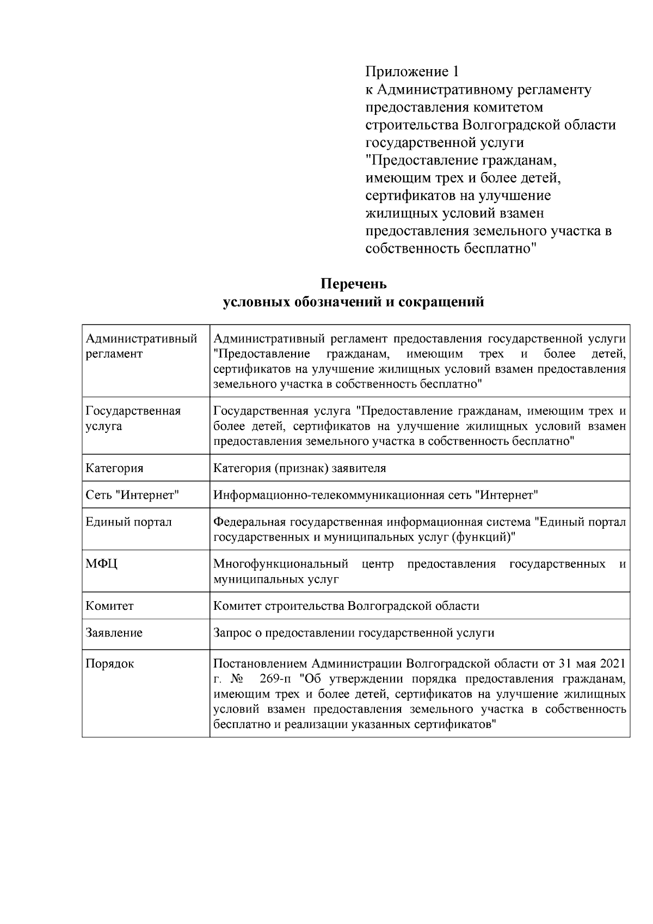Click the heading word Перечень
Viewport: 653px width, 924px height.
click(353, 284)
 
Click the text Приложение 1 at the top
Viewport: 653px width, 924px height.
click(412, 72)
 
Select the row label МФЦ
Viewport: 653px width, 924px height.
click(101, 564)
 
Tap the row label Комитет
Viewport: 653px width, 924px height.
click(109, 606)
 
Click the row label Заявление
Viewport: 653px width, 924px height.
click(114, 633)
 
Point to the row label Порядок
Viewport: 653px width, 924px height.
click(110, 664)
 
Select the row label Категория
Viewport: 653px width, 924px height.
click(114, 468)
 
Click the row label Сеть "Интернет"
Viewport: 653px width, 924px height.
click(132, 495)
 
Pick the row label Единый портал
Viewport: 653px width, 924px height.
click(128, 522)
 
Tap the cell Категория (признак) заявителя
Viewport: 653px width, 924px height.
click(299, 468)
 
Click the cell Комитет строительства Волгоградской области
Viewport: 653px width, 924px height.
click(346, 606)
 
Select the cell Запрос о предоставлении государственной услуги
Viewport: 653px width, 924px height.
click(354, 633)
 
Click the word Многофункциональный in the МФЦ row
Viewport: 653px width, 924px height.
click(281, 564)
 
